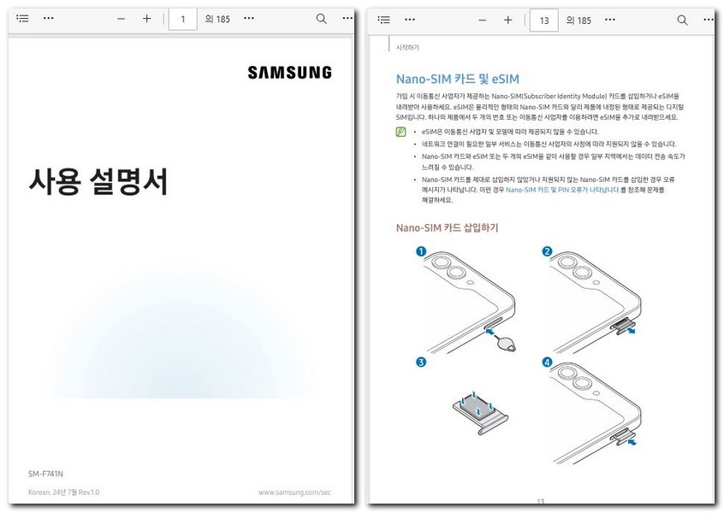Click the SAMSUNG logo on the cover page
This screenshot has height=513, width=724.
pyautogui.click(x=289, y=73)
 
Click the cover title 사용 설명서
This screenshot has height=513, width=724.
pyautogui.click(x=98, y=181)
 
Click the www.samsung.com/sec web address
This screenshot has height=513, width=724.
pyautogui.click(x=294, y=492)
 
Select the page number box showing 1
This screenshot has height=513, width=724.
pyautogui.click(x=182, y=19)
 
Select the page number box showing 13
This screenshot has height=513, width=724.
pyautogui.click(x=544, y=19)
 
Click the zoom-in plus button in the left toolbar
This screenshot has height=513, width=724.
pyautogui.click(x=146, y=19)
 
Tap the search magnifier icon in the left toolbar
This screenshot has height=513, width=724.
pyautogui.click(x=321, y=19)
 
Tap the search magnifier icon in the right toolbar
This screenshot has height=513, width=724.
pyautogui.click(x=682, y=19)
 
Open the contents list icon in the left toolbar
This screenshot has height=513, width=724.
pyautogui.click(x=22, y=19)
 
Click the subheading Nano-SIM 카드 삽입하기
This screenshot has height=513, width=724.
pyautogui.click(x=447, y=227)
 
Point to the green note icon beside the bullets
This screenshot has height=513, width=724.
pyautogui.click(x=401, y=132)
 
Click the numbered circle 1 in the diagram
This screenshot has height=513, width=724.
pyautogui.click(x=420, y=251)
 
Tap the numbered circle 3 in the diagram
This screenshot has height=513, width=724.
pyautogui.click(x=420, y=363)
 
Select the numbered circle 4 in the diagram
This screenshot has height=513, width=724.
pyautogui.click(x=547, y=363)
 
